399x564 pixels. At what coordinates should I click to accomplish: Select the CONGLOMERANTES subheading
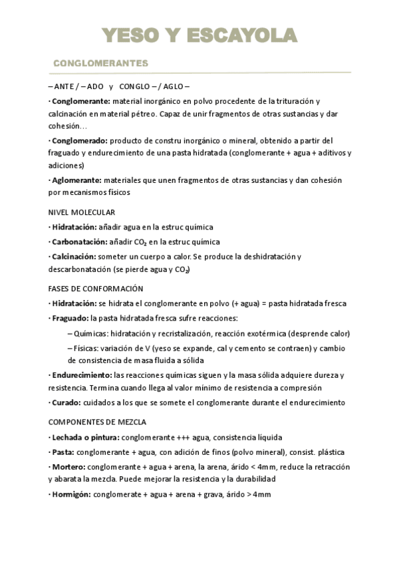pos(100,63)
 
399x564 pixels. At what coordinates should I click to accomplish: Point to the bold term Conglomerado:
pos(80,140)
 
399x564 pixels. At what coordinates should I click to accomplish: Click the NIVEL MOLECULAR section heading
pos(82,213)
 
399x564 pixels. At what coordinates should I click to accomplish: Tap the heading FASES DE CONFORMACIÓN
pos(96,289)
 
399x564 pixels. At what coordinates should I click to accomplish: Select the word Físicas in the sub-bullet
pos(89,349)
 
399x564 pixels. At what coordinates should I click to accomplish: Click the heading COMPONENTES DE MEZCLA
pos(98,422)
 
